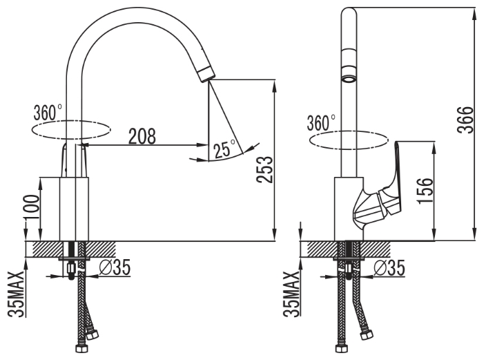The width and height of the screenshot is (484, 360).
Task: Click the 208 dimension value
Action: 142,136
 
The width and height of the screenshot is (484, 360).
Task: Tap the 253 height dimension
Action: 265,170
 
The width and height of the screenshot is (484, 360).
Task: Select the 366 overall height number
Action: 465,120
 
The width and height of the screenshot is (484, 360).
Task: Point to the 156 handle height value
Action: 425,190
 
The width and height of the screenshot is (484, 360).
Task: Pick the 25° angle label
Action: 225,149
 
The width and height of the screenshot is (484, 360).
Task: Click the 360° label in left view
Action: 48,113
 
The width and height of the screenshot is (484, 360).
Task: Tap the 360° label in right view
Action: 321,123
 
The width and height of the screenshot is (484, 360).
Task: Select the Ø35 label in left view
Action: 115,267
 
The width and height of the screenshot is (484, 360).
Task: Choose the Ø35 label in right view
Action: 389,267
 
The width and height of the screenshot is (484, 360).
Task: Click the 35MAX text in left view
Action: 16,294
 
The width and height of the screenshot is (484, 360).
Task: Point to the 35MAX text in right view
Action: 291,294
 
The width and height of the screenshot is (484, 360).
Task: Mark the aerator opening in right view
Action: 349,79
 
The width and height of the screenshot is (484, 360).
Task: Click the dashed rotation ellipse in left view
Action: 71,131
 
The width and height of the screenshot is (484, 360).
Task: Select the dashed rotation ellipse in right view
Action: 349,140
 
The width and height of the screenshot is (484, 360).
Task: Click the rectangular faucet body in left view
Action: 64,209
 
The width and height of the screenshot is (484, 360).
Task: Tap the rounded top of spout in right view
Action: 349,13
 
